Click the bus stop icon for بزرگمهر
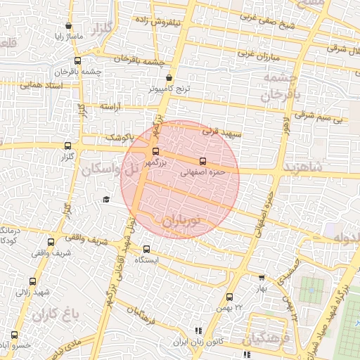pyautogui.click(x=155, y=151)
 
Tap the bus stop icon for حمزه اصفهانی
pyautogui.click(x=203, y=161)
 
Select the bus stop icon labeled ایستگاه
pyautogui.click(x=146, y=249)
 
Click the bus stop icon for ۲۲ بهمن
pyautogui.click(x=229, y=297)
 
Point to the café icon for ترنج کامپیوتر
pyautogui.click(x=169, y=79)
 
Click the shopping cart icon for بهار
pyautogui.click(x=262, y=278)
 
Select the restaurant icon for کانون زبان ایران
pyautogui.click(x=198, y=330)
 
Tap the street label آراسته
pyautogui.click(x=110, y=106)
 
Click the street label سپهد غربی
pyautogui.click(x=221, y=131)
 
